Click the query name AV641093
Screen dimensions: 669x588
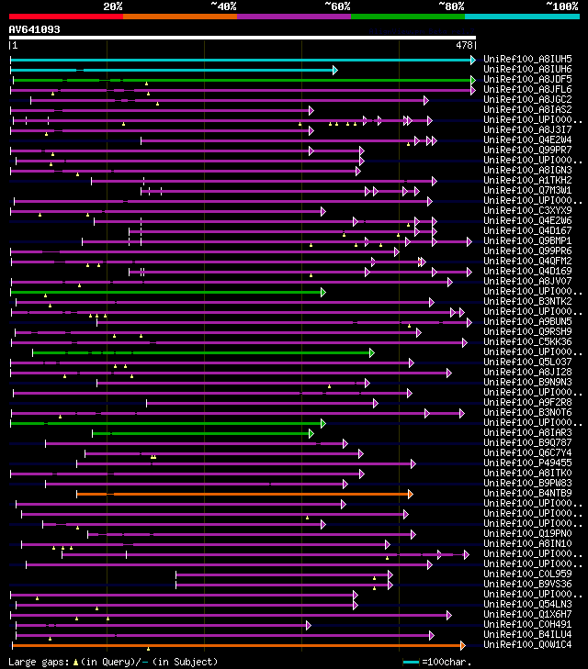[x=35, y=29]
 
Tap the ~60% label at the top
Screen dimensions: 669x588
[x=337, y=6]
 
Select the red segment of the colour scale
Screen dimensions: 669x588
[x=65, y=16]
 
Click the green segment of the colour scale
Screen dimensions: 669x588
[x=407, y=16]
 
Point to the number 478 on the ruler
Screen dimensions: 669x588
[x=464, y=44]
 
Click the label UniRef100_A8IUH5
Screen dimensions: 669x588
[x=527, y=59]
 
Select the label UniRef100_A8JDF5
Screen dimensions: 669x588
[x=527, y=79]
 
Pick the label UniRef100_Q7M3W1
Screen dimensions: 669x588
[x=527, y=190]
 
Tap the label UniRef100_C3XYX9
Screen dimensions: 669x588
[x=527, y=210]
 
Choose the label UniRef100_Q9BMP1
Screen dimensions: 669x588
[x=527, y=240]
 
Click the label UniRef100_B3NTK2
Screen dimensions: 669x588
[x=527, y=301]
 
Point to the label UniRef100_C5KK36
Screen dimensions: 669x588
[x=527, y=341]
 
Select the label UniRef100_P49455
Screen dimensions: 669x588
[x=527, y=463]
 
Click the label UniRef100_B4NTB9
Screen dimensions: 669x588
[x=527, y=493]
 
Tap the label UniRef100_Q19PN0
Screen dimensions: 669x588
[x=527, y=533]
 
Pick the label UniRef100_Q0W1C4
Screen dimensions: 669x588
[x=527, y=644]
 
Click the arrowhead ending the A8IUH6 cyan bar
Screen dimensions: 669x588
[x=335, y=69]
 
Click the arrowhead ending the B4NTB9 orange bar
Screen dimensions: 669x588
[x=410, y=494]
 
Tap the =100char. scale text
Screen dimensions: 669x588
[x=447, y=661]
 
